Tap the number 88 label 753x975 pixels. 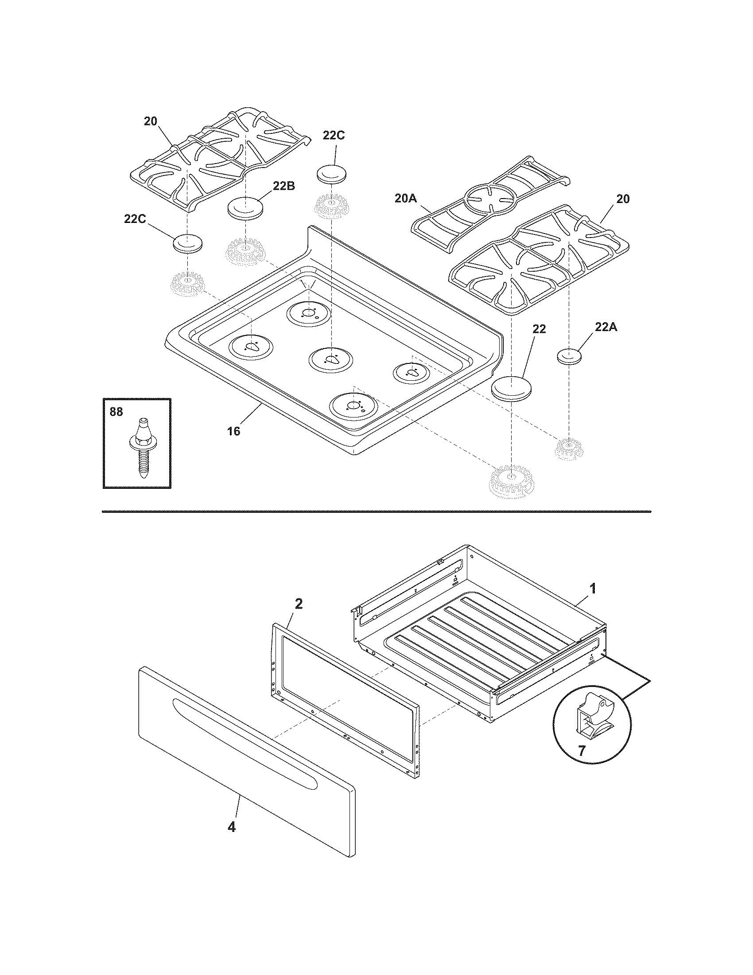click(x=116, y=412)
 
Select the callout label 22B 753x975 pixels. click(x=284, y=186)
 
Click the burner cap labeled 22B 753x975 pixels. click(x=245, y=208)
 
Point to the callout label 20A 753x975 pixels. click(x=405, y=198)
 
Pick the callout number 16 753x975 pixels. click(x=233, y=431)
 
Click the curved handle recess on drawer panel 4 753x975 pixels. click(x=245, y=739)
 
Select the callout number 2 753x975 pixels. click(x=299, y=604)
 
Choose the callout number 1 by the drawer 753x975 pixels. click(x=593, y=589)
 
